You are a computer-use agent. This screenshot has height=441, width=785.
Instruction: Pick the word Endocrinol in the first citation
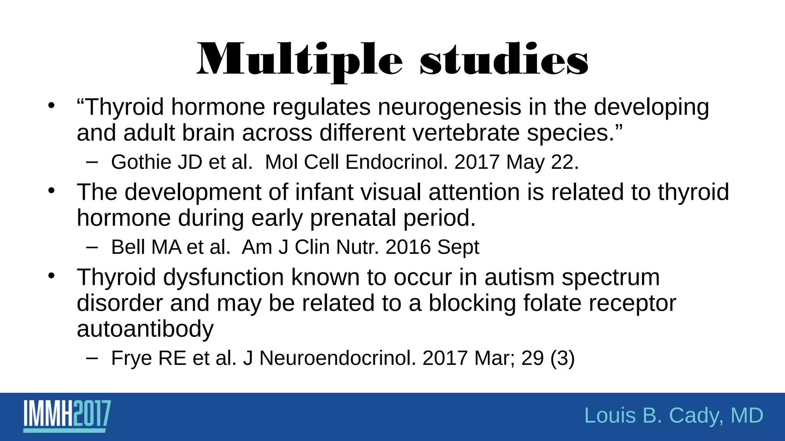pos(396,162)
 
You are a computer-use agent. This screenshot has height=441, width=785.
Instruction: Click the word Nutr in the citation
pos(357,247)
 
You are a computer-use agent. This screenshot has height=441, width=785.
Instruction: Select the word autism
pos(519,277)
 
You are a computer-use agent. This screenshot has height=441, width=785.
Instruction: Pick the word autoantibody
pos(145,329)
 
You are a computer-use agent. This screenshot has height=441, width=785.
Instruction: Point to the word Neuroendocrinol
pos(337,358)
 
